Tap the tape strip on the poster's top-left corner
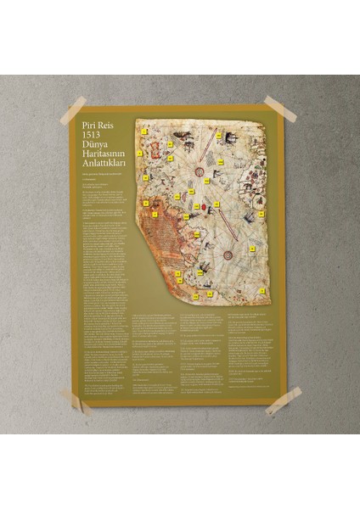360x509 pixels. (x=73, y=110)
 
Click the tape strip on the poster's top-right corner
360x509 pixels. (x=279, y=109)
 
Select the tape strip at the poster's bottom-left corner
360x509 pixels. (x=76, y=400)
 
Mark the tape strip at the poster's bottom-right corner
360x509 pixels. (x=283, y=400)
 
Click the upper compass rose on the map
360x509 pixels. (x=200, y=172)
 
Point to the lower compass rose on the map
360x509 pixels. (x=228, y=255)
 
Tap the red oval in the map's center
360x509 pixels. (x=203, y=206)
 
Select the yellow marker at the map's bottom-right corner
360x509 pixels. (x=263, y=291)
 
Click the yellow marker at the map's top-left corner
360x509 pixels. (x=146, y=131)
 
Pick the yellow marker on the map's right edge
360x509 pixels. (x=262, y=214)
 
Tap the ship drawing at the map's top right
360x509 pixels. (x=230, y=137)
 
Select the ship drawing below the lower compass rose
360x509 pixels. (x=205, y=269)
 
